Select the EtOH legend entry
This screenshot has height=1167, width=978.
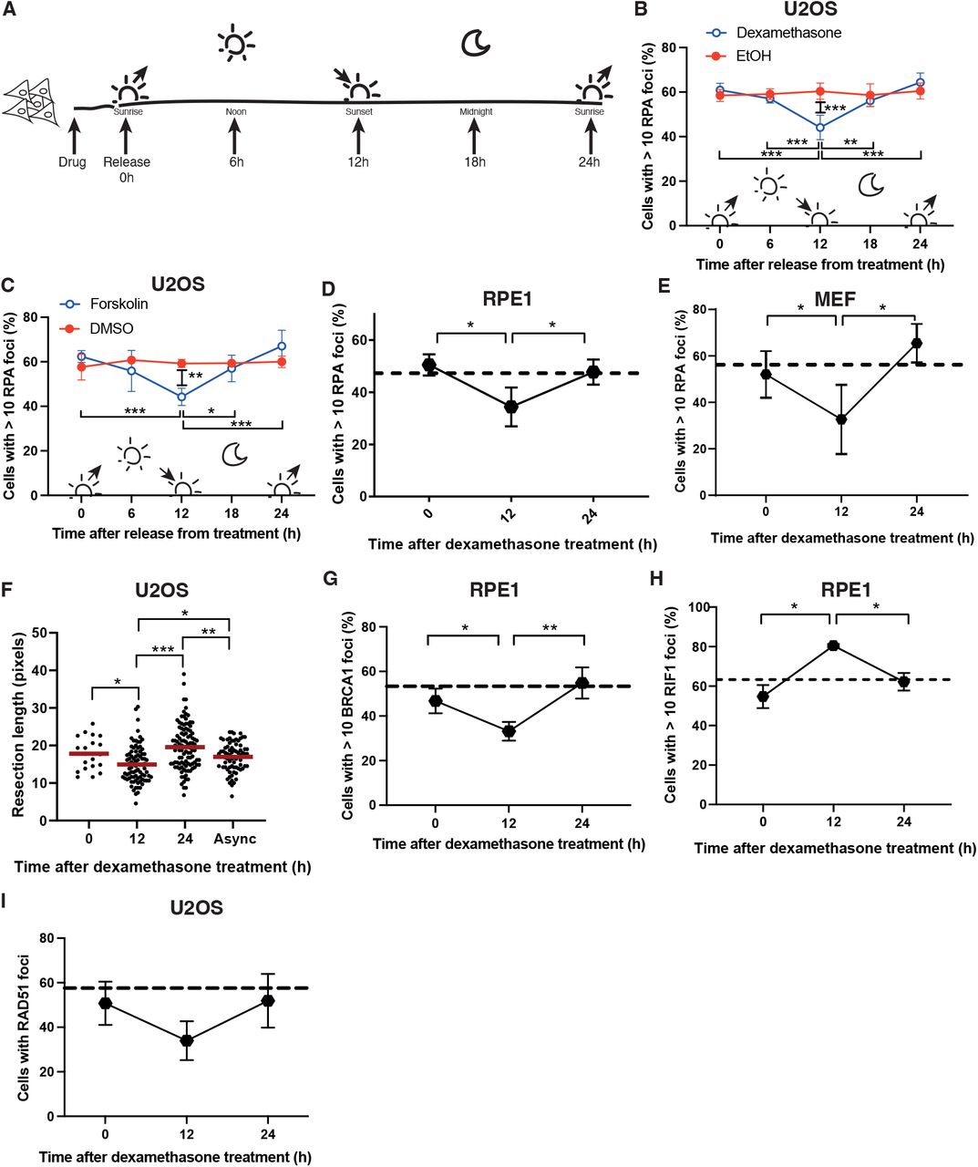coord(753,56)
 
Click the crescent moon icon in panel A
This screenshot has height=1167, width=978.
coord(475,42)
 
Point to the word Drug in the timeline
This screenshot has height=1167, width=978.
coord(72,162)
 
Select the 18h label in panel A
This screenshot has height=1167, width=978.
coord(475,162)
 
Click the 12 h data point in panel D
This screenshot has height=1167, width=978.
coord(511,407)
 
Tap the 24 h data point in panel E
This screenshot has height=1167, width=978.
coord(916,343)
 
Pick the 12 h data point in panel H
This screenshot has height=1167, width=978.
coord(831,645)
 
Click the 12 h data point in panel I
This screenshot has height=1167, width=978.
coord(187,1040)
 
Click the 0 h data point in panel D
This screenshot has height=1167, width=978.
coord(428,366)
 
